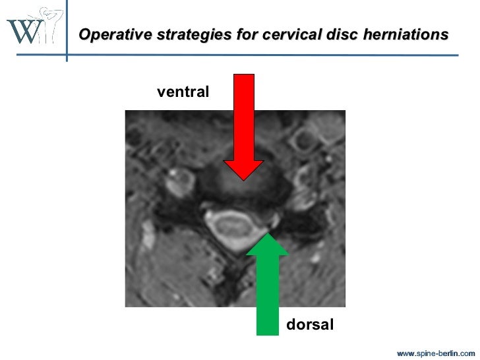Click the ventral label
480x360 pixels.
(183, 93)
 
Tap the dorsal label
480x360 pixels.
(310, 324)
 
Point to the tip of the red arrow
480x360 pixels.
(243, 179)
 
